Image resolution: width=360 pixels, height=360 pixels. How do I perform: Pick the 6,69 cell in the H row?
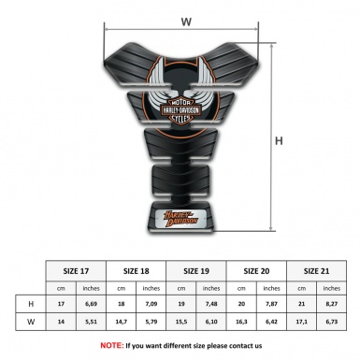(x=92, y=304)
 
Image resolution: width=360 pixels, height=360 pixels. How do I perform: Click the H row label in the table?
(x=30, y=304)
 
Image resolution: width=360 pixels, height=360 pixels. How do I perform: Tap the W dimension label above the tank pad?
(x=186, y=20)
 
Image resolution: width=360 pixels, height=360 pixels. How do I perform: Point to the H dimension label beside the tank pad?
(x=279, y=140)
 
